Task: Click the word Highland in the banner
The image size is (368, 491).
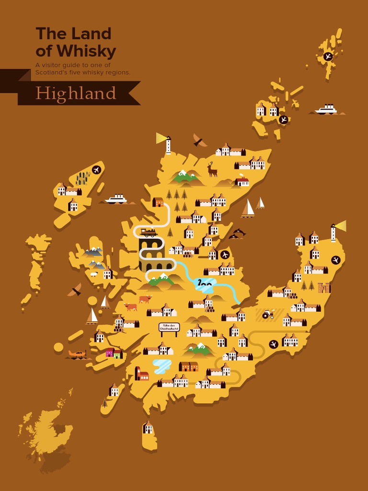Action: [76, 93]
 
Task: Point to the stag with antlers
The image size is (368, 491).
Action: [212, 169]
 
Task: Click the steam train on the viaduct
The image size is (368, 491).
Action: [149, 233]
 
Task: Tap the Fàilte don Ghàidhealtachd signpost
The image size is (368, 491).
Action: [169, 327]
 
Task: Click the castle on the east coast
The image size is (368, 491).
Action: [324, 287]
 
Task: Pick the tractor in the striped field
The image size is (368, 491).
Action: [268, 314]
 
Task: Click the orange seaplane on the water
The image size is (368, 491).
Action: [77, 354]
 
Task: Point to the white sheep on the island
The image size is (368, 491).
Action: [94, 274]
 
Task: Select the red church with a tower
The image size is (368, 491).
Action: [141, 374]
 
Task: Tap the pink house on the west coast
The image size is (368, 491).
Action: [110, 352]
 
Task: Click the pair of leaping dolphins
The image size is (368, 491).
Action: [237, 234]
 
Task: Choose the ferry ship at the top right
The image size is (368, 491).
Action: [327, 109]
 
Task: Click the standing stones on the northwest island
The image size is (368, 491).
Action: [82, 178]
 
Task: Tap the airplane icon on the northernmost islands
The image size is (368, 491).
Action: [328, 56]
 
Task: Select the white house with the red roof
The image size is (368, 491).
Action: [242, 181]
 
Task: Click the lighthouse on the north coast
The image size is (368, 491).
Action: [168, 144]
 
